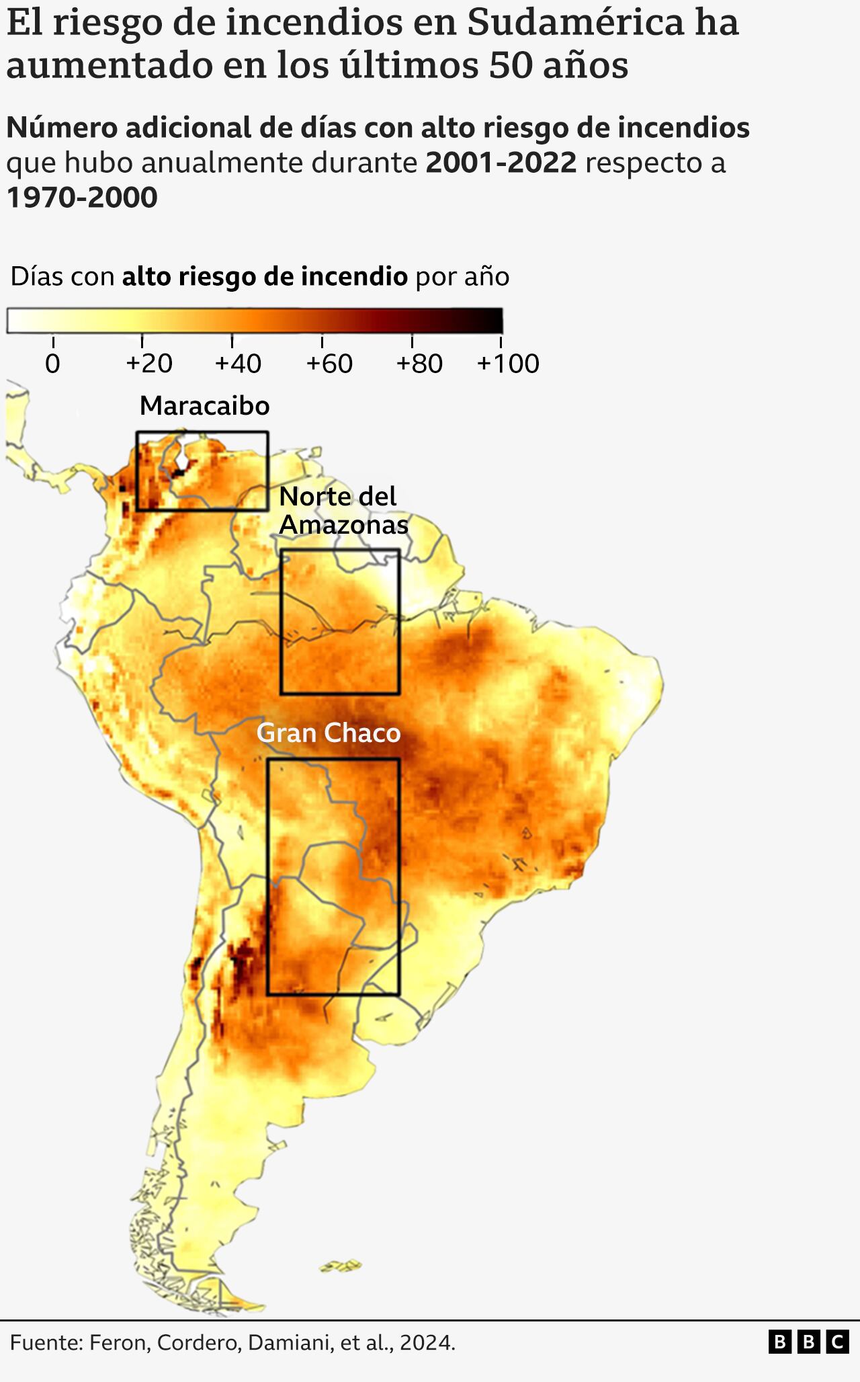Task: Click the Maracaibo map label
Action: pyautogui.click(x=204, y=406)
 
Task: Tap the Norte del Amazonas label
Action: pyautogui.click(x=343, y=510)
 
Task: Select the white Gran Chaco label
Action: pyautogui.click(x=328, y=733)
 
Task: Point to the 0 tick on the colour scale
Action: pyautogui.click(x=52, y=364)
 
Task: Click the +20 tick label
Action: pyautogui.click(x=149, y=364)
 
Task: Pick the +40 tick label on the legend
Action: pyautogui.click(x=238, y=364)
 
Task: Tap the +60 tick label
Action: pyautogui.click(x=329, y=364)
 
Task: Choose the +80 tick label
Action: pyautogui.click(x=419, y=364)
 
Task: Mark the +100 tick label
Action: pyautogui.click(x=507, y=364)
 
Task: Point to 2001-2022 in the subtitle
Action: pyautogui.click(x=501, y=163)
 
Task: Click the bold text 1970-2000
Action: pyautogui.click(x=82, y=198)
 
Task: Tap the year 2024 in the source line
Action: pyautogui.click(x=426, y=1342)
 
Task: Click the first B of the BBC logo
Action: pyautogui.click(x=779, y=1342)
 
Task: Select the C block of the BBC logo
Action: pyautogui.click(x=837, y=1342)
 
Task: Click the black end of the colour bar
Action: pyautogui.click(x=494, y=321)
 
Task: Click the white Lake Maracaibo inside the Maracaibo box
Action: pyautogui.click(x=183, y=458)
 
